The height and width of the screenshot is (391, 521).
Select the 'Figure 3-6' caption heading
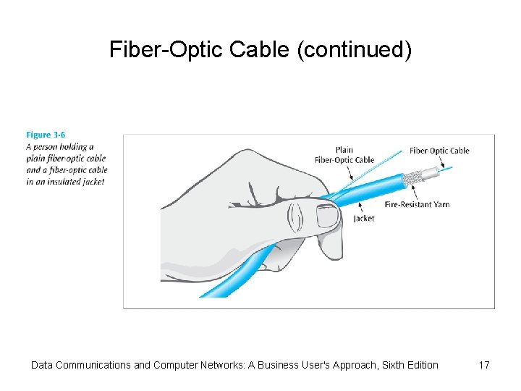click(46, 135)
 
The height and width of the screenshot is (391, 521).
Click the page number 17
click(484, 365)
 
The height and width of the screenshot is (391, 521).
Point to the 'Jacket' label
click(364, 218)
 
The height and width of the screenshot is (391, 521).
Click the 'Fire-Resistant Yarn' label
click(417, 204)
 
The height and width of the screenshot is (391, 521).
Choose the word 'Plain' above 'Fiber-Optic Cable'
click(344, 150)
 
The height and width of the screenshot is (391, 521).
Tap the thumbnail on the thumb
click(328, 215)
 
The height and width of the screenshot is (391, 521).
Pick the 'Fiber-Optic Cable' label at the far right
click(439, 151)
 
